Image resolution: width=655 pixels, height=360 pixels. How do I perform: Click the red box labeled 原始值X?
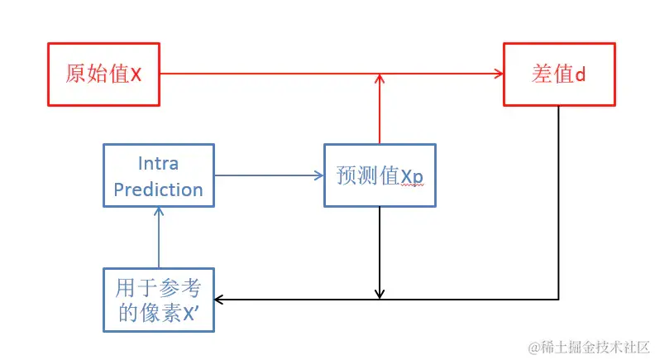103,74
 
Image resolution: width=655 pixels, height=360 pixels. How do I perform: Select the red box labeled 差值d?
559,74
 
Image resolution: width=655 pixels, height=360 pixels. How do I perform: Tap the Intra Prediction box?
158,176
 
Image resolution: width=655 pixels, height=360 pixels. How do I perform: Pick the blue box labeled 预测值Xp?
379,175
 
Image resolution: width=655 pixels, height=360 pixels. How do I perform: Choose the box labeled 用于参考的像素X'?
158,300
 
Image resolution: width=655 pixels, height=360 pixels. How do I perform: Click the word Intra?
158,163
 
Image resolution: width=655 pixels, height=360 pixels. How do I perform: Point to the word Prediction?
158,190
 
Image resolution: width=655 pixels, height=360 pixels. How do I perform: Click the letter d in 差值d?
581,74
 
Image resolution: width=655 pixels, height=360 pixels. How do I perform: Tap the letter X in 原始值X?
136,74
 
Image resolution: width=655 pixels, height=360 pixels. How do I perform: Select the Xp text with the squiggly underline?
413,176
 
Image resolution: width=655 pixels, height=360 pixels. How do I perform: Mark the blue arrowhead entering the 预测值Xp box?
318,175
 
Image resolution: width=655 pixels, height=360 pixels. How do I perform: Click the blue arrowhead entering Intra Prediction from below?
158,211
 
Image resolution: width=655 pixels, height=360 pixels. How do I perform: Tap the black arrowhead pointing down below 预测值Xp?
379,293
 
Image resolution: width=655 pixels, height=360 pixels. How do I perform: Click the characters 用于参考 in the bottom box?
158,287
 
